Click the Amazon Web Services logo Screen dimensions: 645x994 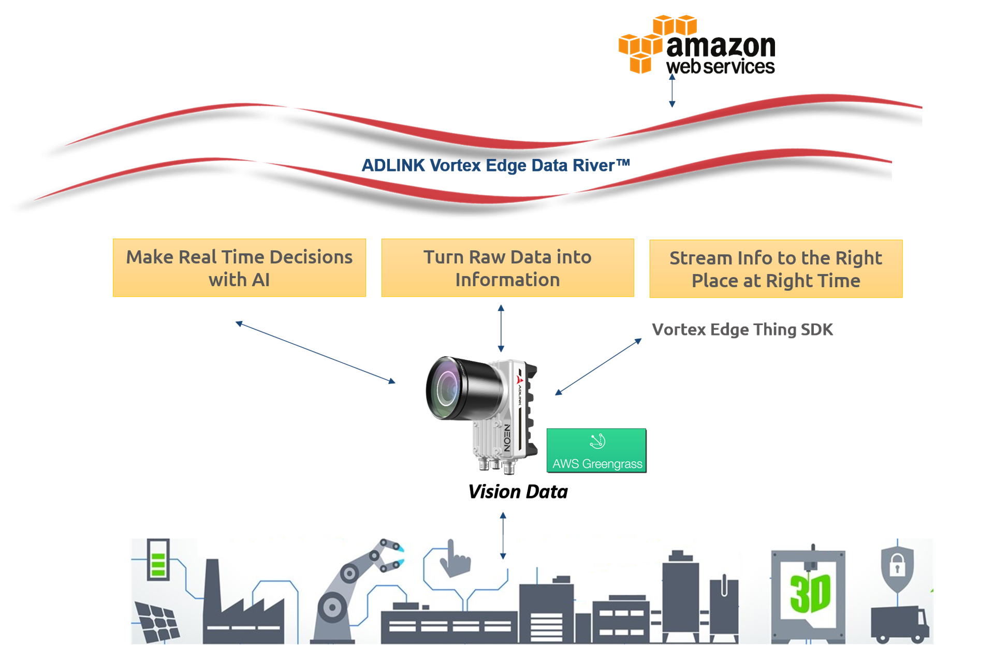coord(696,46)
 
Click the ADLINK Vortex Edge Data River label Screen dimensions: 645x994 coord(495,166)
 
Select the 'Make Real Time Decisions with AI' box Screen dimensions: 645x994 coord(239,268)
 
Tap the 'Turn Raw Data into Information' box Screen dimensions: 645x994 coord(507,268)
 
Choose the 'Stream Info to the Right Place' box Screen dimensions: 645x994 coord(776,269)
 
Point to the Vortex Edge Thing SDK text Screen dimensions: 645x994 coord(742,330)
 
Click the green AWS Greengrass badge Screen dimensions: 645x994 coord(596,450)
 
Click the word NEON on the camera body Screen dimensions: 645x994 coord(507,437)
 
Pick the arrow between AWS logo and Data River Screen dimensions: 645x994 coord(672,91)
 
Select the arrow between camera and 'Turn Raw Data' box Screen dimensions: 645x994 coord(501,328)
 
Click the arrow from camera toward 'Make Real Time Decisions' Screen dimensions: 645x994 coord(315,353)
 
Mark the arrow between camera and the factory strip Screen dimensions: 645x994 coord(503,535)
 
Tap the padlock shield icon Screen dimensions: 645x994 coord(897,567)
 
